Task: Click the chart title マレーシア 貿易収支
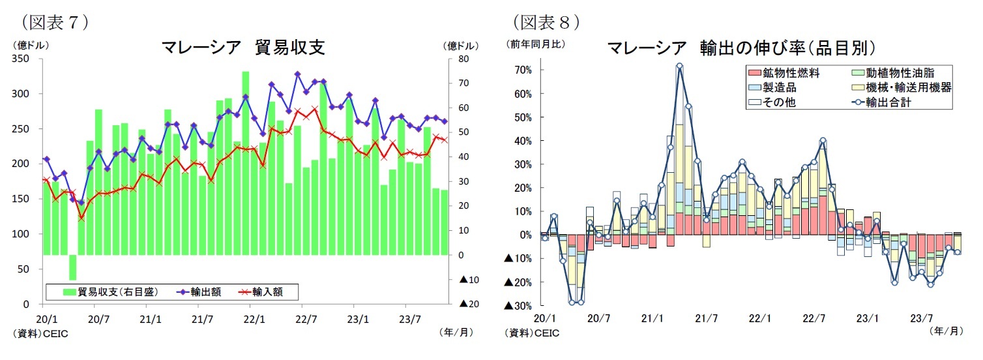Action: [242, 47]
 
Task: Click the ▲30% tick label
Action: [520, 305]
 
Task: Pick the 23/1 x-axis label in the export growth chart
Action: [868, 319]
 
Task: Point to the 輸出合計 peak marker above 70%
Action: [679, 66]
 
